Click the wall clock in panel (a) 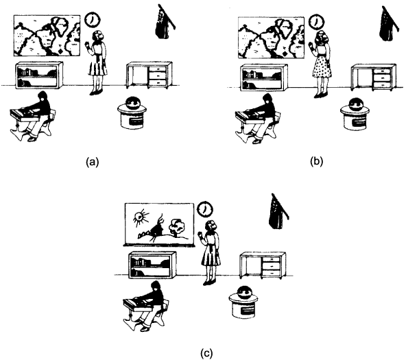(x=93, y=20)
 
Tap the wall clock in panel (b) (x=317, y=22)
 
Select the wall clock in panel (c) (x=205, y=208)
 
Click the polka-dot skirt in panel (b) (x=322, y=66)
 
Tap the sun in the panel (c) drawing (x=141, y=217)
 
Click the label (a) (x=93, y=162)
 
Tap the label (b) (x=316, y=162)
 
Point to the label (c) (x=206, y=354)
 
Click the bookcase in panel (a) (x=39, y=75)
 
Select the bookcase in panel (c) (x=152, y=265)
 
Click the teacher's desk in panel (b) (x=373, y=77)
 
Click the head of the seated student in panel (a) (x=43, y=96)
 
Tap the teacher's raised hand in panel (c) (x=200, y=235)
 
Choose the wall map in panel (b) (x=271, y=38)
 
